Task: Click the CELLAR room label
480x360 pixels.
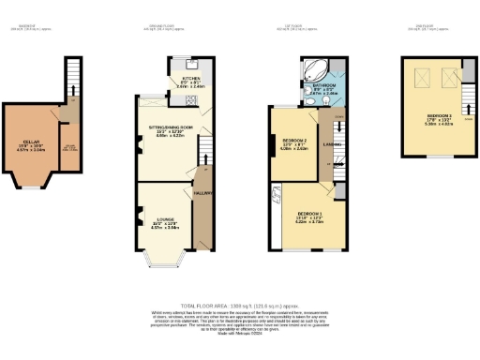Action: click(x=30, y=144)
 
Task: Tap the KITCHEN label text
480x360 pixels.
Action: click(x=189, y=80)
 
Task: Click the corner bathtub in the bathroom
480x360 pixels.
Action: click(x=311, y=70)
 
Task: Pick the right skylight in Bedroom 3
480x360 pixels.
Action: click(x=451, y=76)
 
